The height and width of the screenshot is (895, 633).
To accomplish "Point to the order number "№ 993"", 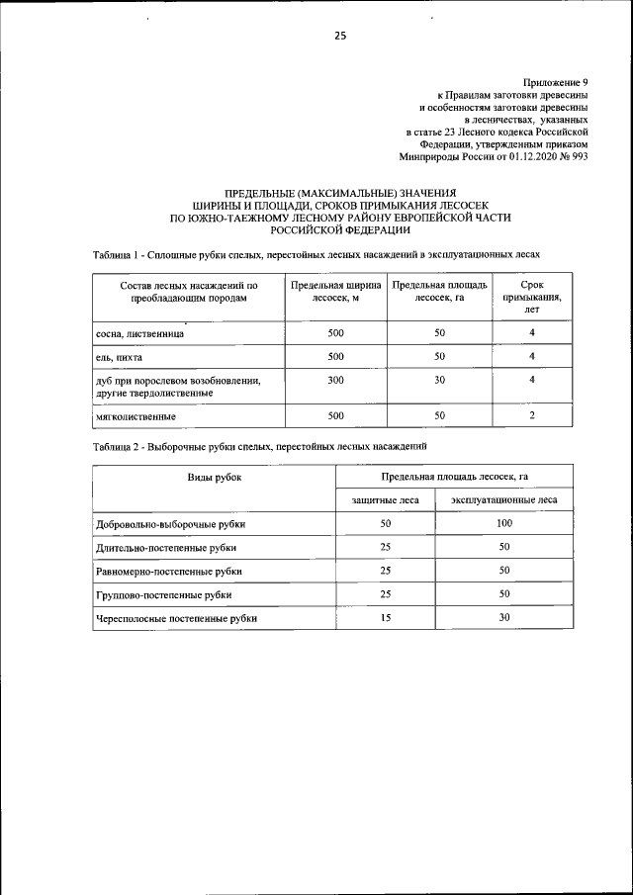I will pos(573,156).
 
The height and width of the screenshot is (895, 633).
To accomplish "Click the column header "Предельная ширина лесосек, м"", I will pos(335,290).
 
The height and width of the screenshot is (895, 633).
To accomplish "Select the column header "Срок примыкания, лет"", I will pos(532,296).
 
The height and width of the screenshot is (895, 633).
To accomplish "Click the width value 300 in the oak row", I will pos(335,380).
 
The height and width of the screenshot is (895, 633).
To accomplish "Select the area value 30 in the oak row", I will pos(439,380).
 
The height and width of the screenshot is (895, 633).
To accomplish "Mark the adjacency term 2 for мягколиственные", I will pos(532,415).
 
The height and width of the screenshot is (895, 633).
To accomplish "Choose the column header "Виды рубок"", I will pos(215,477).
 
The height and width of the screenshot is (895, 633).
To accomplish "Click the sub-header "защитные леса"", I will pos(386,500).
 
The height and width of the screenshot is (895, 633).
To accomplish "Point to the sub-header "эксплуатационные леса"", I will pos(503,500).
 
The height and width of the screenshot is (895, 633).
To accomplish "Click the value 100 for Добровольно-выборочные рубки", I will pos(503,523).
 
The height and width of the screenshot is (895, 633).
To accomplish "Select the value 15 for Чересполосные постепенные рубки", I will pos(386,617).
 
